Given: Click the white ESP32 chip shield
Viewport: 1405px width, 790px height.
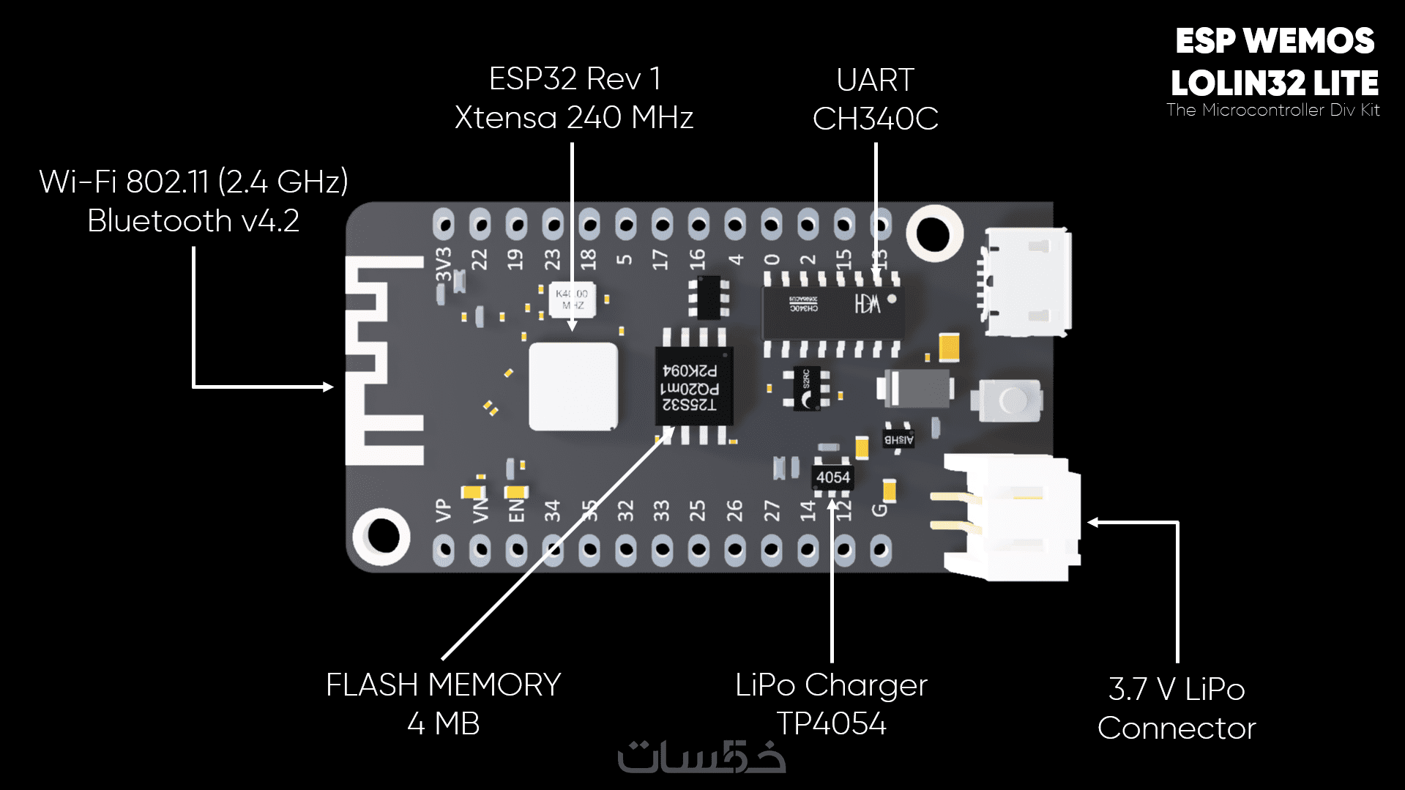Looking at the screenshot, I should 573,386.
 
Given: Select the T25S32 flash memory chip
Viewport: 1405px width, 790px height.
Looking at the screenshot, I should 693,386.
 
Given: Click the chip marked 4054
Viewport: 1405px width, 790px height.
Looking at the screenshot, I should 832,477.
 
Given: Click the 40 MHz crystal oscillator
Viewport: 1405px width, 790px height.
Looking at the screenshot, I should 572,299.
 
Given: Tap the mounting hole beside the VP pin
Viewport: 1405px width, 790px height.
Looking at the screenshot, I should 381,535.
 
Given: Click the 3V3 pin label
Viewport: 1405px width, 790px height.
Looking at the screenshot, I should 444,264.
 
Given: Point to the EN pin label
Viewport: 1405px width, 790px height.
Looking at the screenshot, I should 516,510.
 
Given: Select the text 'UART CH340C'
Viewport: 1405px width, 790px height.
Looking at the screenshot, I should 875,100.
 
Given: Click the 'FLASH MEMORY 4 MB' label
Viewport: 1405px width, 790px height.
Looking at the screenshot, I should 443,704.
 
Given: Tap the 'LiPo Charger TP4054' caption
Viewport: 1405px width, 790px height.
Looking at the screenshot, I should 831,704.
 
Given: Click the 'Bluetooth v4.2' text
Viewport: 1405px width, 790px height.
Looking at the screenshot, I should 193,221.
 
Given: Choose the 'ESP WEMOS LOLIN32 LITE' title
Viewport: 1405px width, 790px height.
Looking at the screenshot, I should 1274,63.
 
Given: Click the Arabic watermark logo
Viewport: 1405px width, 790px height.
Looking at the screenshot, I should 701,758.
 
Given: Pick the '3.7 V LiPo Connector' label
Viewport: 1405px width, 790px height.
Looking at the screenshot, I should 1177,708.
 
